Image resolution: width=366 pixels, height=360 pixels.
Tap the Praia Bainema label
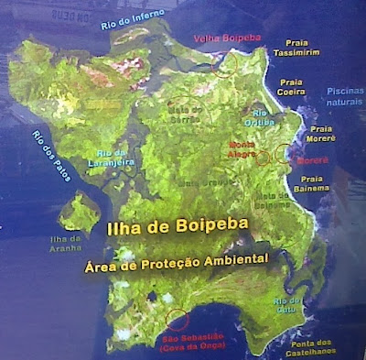tap(312, 184)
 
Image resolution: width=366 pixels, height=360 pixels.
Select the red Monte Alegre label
tap(242, 148)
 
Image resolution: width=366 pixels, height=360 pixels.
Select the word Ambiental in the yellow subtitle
tap(232, 259)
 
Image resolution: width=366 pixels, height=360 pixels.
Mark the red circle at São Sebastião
tap(178, 321)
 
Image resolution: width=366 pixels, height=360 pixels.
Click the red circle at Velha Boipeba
tap(223, 63)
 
